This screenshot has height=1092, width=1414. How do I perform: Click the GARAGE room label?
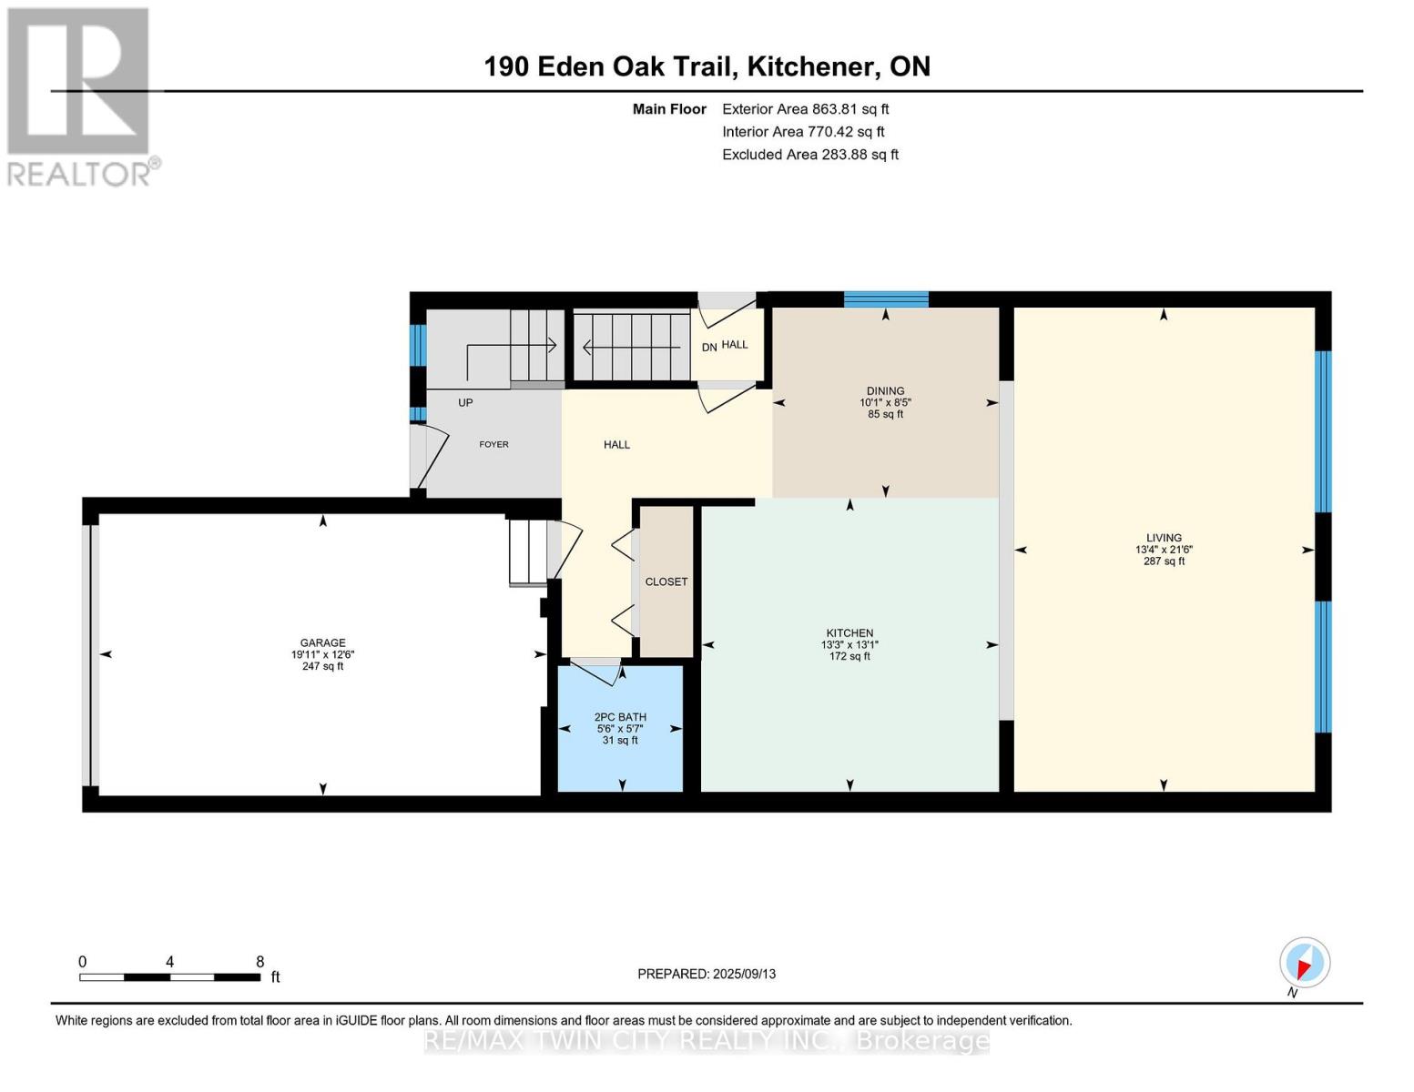322,642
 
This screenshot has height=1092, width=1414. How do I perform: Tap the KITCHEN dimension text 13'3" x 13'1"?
849,644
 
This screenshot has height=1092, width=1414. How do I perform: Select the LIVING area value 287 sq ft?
1164,561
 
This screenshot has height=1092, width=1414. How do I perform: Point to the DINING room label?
885,391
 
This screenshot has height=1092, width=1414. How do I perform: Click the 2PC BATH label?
619,717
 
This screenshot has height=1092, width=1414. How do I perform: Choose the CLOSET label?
666,581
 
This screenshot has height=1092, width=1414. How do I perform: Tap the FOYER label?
493,444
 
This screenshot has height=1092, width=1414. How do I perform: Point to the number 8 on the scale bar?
259,962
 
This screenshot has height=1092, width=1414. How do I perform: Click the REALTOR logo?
81,97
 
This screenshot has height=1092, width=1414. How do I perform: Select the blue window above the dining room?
886,299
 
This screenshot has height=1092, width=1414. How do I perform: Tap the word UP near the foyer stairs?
464,402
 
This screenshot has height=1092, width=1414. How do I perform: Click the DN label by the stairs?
708,348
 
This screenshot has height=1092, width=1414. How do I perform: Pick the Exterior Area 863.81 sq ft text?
805,109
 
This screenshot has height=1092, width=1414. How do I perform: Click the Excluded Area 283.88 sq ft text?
810,155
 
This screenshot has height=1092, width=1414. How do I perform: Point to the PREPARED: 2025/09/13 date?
706,974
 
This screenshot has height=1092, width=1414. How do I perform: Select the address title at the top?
707,66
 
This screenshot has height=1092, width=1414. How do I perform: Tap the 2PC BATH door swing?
596,672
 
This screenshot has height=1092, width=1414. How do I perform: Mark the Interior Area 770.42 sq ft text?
803,132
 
